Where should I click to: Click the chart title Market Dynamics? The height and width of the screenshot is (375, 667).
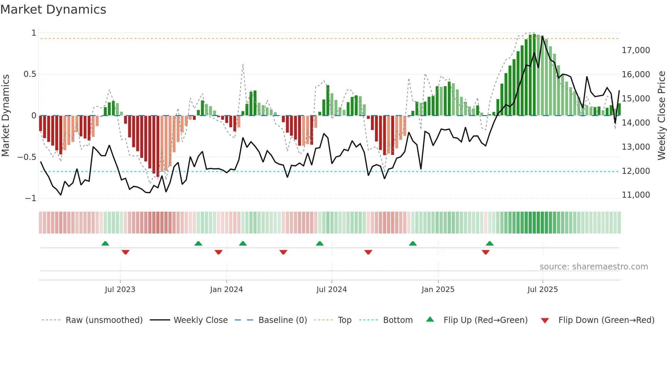tap(53, 10)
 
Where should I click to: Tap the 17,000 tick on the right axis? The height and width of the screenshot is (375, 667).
tap(636, 50)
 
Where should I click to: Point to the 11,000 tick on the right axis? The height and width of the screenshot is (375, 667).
tap(636, 195)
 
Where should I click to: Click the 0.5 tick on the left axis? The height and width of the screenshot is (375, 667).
tap(30, 74)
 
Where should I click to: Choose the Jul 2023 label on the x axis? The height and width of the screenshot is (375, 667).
tap(120, 290)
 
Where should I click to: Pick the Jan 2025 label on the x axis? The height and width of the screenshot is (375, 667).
tap(438, 290)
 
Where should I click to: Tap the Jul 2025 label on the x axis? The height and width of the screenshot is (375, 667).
tap(542, 290)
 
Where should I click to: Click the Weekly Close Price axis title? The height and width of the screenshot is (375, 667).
tap(661, 116)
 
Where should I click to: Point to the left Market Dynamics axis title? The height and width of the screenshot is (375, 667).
tap(5, 116)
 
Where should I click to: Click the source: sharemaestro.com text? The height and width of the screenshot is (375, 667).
tap(593, 267)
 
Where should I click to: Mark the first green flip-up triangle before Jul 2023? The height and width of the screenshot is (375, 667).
tap(105, 243)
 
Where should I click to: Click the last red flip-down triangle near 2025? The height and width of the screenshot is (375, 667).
tap(486, 252)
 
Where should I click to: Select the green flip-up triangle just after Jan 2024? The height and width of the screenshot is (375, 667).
tap(243, 243)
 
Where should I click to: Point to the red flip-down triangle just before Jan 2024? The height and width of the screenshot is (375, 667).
tap(218, 252)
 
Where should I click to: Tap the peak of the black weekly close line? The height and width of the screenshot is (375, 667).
tap(542, 36)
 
